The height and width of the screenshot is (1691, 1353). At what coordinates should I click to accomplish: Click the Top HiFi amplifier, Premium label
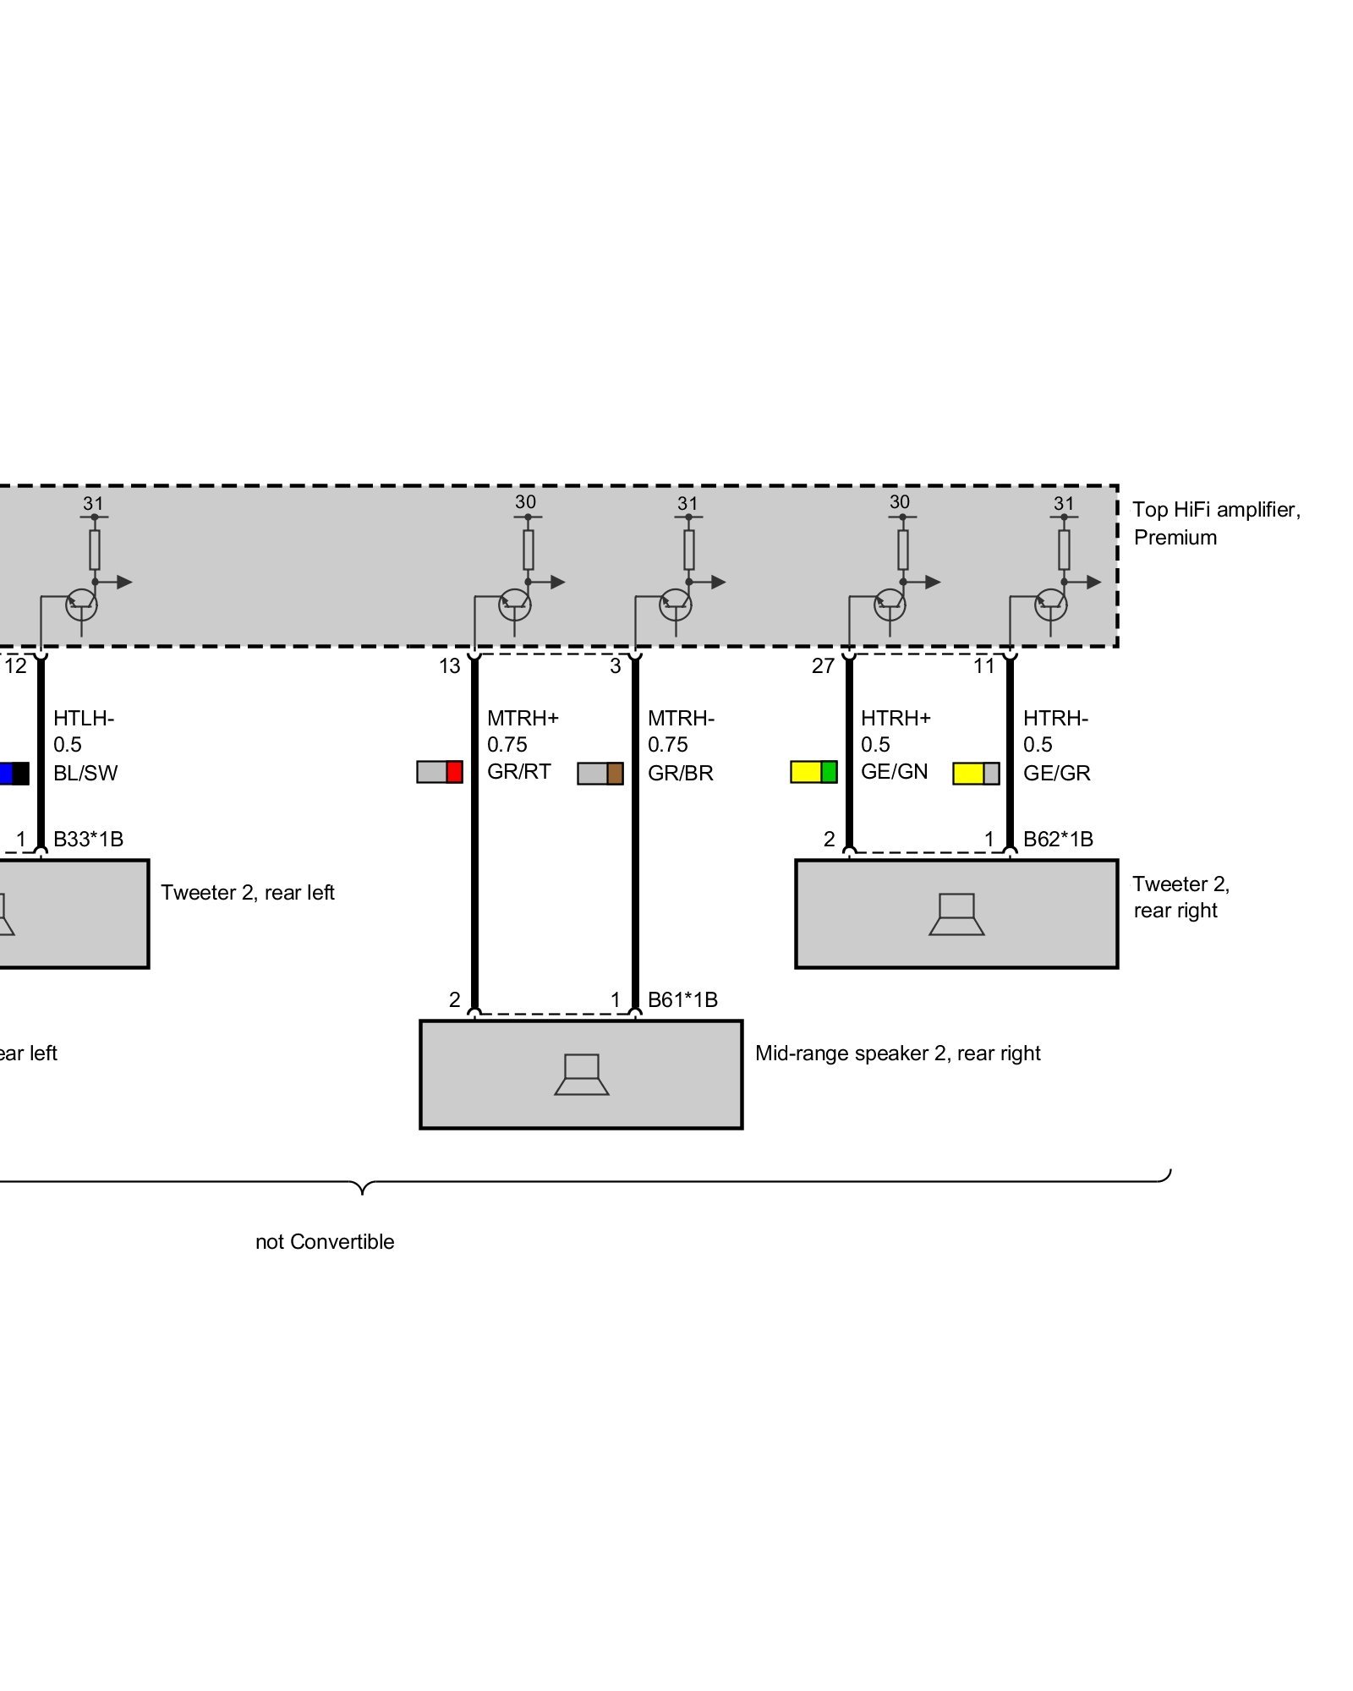click(1215, 523)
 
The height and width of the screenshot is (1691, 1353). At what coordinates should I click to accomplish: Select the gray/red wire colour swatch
click(439, 772)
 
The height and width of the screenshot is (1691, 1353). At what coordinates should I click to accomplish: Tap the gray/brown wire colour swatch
click(600, 774)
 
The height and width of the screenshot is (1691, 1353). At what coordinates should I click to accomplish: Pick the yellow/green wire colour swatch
click(813, 772)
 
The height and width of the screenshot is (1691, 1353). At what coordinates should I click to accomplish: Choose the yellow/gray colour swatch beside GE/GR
click(975, 774)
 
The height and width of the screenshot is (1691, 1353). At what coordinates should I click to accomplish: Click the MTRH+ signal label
click(522, 719)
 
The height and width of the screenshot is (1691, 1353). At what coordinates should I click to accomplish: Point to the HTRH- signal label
click(1054, 719)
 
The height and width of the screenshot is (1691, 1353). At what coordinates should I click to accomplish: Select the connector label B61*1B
click(682, 1000)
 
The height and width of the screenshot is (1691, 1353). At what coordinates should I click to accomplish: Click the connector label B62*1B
click(1057, 840)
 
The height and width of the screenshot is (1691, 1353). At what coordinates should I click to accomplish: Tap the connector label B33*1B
click(88, 840)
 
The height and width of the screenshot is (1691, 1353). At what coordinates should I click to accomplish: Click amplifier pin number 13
click(449, 666)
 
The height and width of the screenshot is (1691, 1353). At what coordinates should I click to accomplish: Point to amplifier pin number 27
click(823, 666)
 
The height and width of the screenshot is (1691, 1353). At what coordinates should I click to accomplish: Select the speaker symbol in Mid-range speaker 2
click(581, 1075)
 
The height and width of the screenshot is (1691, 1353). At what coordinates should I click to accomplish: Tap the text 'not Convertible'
click(325, 1242)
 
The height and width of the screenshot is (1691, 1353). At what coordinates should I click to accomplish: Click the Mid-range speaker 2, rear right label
click(897, 1053)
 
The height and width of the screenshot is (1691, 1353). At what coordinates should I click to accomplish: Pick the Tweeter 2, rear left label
click(248, 893)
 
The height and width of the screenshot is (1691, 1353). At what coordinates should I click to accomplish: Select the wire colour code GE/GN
click(894, 772)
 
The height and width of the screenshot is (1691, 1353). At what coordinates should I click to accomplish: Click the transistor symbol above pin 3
click(675, 604)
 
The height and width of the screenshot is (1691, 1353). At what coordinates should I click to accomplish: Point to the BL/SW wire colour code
click(85, 774)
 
